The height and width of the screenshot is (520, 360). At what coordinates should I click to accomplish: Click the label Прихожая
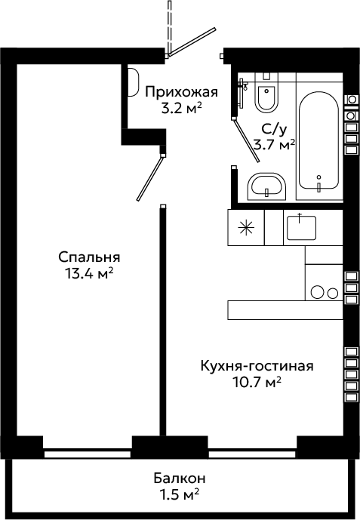click(182, 92)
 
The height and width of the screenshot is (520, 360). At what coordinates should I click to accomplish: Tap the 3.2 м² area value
click(182, 109)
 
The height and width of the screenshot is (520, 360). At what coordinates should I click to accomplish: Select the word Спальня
click(89, 257)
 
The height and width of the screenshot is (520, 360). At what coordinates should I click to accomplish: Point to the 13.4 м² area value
click(89, 274)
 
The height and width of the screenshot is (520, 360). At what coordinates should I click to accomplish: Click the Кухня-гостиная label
click(257, 366)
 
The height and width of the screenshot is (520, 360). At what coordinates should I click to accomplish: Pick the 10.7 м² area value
click(257, 383)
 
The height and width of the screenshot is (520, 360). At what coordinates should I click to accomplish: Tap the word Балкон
click(180, 478)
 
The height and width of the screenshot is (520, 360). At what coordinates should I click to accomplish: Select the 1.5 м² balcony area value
click(180, 495)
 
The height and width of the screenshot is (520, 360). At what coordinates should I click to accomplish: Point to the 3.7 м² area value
click(274, 145)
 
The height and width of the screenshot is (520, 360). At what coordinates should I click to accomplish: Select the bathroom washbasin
click(266, 186)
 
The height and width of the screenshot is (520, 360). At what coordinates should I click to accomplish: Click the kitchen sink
click(301, 227)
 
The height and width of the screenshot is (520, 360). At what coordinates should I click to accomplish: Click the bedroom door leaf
click(150, 178)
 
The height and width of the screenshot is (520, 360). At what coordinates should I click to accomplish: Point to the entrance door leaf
click(192, 41)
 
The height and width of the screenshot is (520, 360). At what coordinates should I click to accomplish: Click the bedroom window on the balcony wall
click(88, 454)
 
